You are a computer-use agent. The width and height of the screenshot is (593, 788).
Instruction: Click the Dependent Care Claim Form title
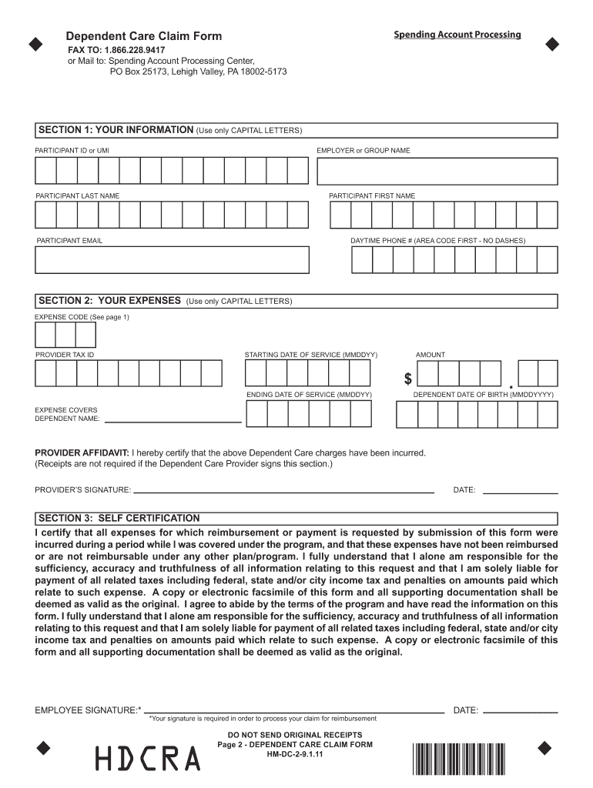(x=143, y=36)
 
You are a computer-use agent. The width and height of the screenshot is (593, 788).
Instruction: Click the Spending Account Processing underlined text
(x=457, y=35)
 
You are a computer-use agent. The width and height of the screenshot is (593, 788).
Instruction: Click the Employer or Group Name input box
(x=437, y=172)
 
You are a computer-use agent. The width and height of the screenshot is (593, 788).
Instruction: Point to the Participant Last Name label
(x=77, y=196)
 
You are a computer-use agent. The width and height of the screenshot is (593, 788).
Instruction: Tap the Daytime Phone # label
(x=437, y=241)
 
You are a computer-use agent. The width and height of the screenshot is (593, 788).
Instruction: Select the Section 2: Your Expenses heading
(x=109, y=300)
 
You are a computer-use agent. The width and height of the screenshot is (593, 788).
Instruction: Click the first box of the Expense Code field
(x=45, y=335)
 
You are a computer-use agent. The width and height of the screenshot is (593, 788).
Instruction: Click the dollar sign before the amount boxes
(x=408, y=379)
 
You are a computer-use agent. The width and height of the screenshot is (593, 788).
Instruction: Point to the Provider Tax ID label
(x=65, y=355)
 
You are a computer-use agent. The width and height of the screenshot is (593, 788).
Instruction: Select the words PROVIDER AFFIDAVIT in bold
(x=82, y=453)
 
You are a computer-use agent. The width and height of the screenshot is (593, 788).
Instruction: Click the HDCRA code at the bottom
(x=147, y=759)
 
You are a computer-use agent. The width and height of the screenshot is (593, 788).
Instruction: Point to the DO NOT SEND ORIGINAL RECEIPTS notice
(x=295, y=735)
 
